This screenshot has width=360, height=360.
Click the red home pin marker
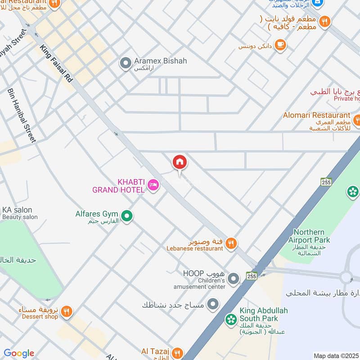[x=179, y=162]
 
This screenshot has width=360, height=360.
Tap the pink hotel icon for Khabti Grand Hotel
[x=153, y=185]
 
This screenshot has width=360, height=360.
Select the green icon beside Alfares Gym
[x=127, y=216]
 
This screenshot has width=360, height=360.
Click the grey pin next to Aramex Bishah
[x=126, y=63]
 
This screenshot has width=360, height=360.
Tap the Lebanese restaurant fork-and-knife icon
[x=231, y=243]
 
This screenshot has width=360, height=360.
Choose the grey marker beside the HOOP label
[x=233, y=279]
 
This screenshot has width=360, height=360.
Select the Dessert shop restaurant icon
[x=66, y=311]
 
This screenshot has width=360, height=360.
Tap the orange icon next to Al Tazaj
[x=178, y=353]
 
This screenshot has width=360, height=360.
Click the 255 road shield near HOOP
[x=252, y=275]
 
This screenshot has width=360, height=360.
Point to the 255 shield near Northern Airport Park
[x=326, y=181]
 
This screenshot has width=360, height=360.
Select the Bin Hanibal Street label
[x=21, y=115]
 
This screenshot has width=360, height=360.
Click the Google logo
[x=19, y=353]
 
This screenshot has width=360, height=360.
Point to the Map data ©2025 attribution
[x=336, y=355]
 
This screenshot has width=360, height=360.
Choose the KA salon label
[x=17, y=210]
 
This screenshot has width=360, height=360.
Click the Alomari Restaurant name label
[x=316, y=115]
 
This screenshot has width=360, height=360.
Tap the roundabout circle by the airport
[x=346, y=276]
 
